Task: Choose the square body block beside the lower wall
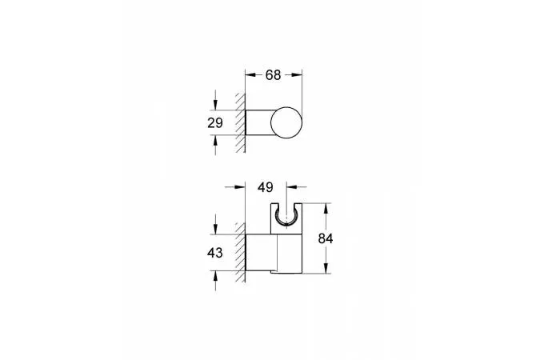pyautogui.click(x=261, y=252)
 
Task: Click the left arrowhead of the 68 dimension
pyautogui.click(x=248, y=76)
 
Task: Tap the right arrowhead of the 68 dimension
pyautogui.click(x=299, y=76)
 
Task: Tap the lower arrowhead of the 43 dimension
pyautogui.click(x=216, y=274)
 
